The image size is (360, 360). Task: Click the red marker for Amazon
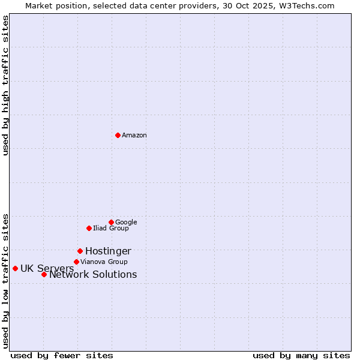click(x=118, y=135)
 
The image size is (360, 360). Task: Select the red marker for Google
click(x=111, y=222)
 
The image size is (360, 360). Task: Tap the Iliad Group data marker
click(x=89, y=228)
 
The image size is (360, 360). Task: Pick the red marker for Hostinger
click(x=80, y=251)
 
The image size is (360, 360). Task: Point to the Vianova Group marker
click(x=76, y=262)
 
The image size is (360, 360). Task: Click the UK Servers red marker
click(x=15, y=268)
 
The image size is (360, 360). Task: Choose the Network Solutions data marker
click(x=44, y=274)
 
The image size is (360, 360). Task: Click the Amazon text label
click(x=134, y=136)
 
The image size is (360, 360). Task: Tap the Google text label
click(x=126, y=223)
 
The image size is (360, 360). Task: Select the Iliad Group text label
click(x=111, y=229)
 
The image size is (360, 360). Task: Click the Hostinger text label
click(x=108, y=251)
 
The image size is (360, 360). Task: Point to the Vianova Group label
click(x=104, y=262)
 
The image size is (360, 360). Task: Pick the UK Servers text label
click(x=47, y=269)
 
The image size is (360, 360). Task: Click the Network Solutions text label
click(x=93, y=275)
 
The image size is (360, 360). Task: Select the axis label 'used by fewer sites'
click(x=62, y=355)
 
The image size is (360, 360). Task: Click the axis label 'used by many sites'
click(x=301, y=355)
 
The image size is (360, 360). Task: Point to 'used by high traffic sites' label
click(x=5, y=85)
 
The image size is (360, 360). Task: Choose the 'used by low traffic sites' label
click(x=5, y=281)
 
